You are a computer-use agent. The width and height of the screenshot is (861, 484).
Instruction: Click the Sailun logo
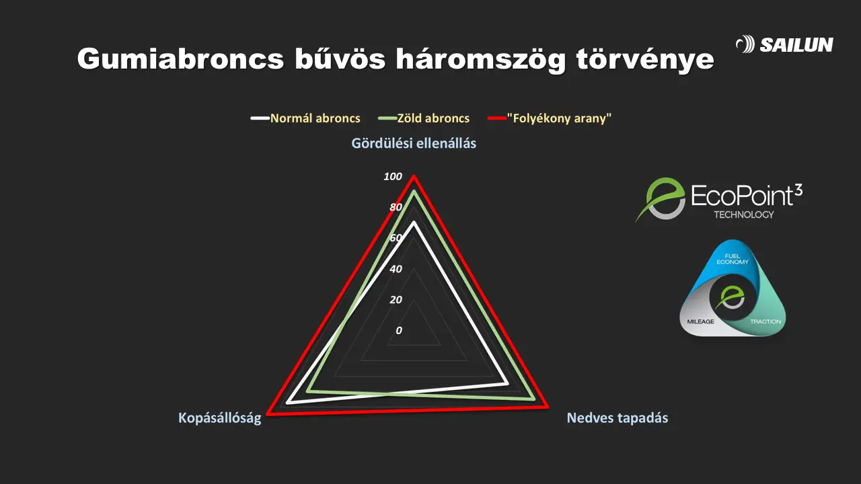(784, 44)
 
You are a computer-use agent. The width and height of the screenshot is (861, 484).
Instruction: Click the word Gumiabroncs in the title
(181, 58)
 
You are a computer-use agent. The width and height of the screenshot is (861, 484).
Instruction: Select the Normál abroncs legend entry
(305, 118)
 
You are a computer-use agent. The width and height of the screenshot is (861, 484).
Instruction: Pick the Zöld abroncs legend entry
(424, 118)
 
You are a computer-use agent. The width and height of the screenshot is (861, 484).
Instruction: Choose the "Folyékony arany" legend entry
(550, 118)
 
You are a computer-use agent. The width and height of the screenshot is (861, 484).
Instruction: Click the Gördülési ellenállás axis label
(414, 143)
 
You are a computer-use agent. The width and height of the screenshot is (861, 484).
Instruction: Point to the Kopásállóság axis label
(219, 418)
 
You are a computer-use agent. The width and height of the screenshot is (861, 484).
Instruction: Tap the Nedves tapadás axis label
(617, 417)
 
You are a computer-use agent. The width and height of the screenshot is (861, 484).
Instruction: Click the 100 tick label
(392, 176)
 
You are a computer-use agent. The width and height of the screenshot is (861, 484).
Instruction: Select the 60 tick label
(396, 238)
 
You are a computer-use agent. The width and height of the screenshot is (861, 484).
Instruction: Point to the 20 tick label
(396, 299)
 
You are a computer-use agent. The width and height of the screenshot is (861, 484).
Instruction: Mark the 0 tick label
(399, 330)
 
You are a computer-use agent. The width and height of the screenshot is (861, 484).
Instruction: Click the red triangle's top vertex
(414, 176)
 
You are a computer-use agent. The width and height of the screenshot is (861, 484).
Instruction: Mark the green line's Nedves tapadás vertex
(533, 399)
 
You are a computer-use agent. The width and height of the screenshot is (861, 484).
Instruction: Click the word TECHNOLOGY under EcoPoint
(744, 214)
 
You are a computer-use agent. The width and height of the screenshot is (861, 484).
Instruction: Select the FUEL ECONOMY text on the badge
(733, 259)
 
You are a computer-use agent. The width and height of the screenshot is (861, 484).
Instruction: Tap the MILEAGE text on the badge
(700, 321)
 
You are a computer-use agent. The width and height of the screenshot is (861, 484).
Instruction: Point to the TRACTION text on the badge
(765, 321)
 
